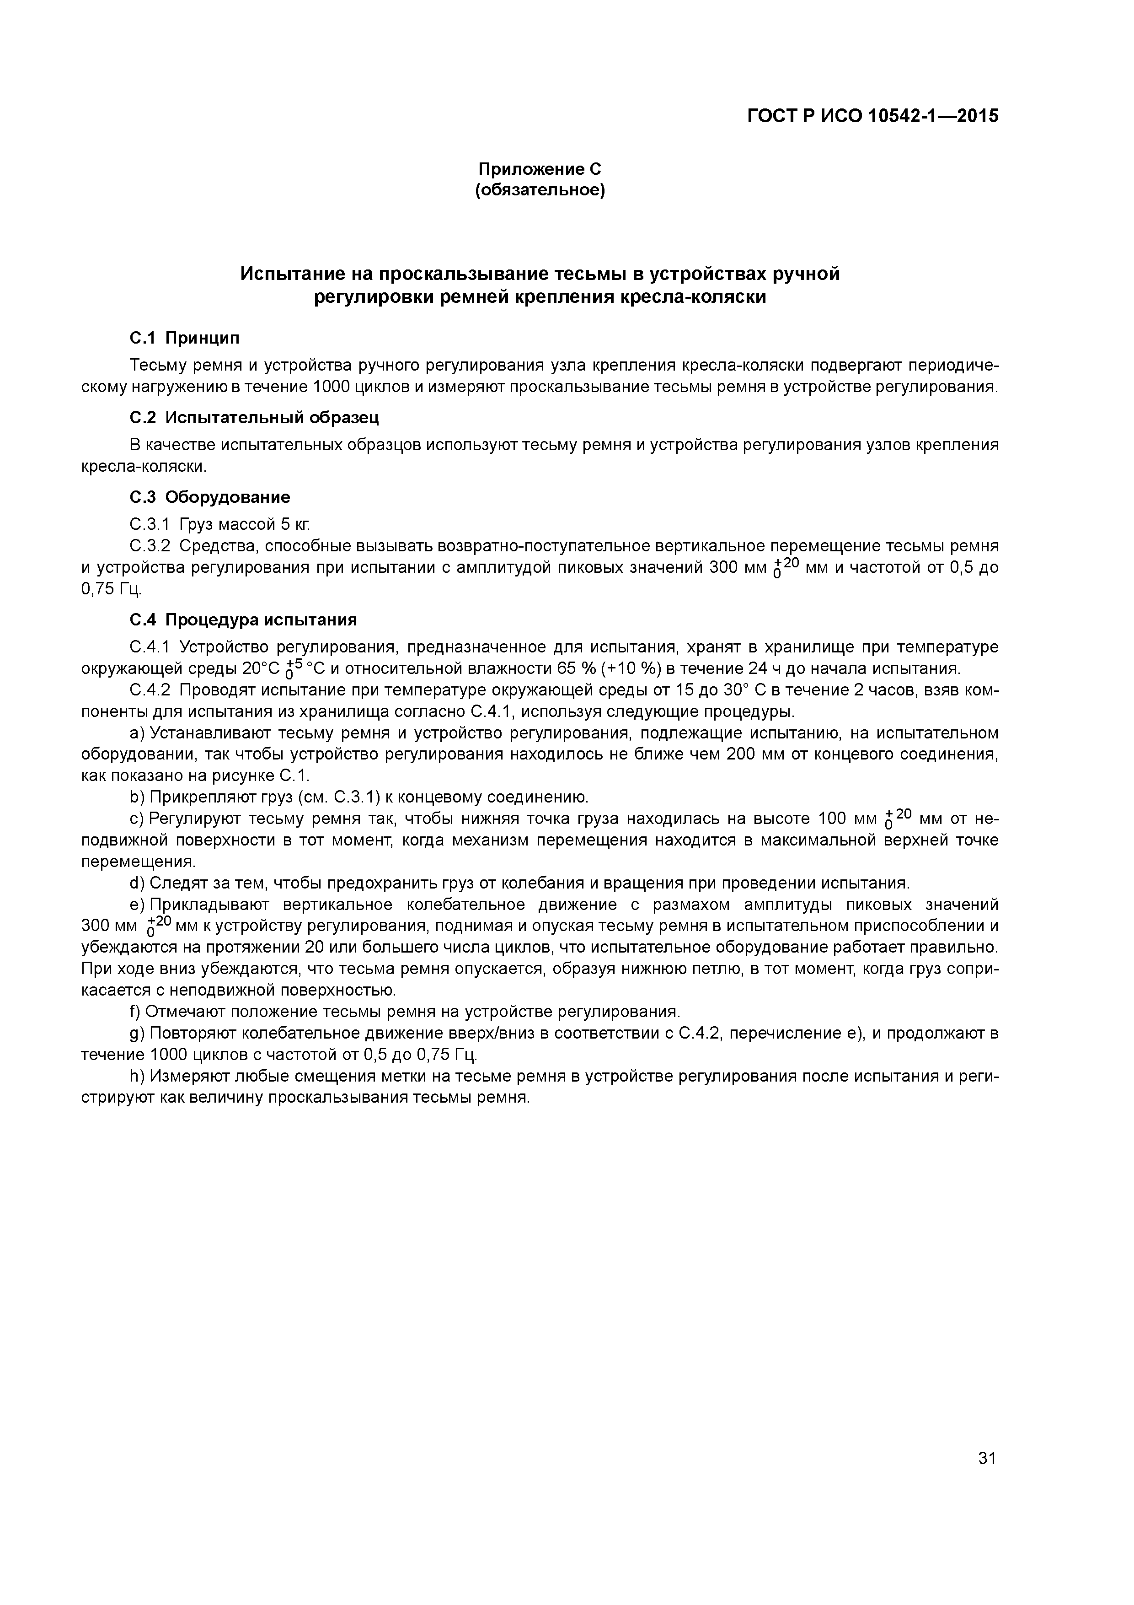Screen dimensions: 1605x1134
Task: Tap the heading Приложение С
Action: click(x=540, y=169)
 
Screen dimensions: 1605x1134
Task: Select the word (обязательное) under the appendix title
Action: click(x=540, y=190)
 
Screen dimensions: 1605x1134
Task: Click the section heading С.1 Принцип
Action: click(x=184, y=338)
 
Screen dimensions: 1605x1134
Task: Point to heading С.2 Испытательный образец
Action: click(x=254, y=418)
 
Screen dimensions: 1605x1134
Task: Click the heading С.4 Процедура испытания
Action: click(x=243, y=619)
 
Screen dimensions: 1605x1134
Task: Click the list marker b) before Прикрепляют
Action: click(x=136, y=797)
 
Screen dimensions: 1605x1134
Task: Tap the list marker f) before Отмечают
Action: click(x=135, y=1012)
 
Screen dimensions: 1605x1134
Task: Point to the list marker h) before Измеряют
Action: click(x=136, y=1076)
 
